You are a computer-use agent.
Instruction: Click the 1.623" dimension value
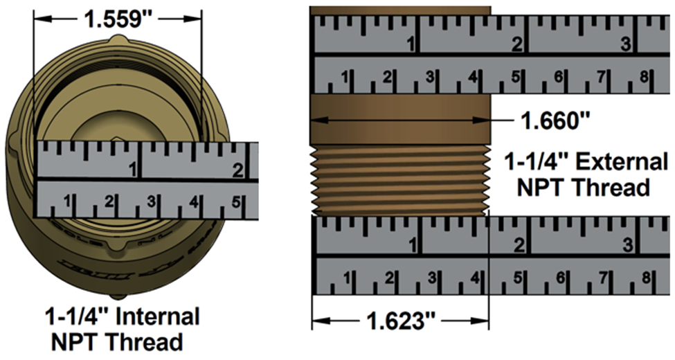401,321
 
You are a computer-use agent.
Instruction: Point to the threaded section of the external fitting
400,179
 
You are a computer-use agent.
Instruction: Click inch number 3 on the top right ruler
625,45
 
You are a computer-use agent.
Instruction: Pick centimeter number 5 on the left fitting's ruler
235,202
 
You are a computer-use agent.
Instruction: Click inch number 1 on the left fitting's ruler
132,169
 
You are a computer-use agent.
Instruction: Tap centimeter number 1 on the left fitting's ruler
67,202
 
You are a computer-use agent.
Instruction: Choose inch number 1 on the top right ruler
409,45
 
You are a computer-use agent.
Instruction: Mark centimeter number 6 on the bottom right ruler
558,278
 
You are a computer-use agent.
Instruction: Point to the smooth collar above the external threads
400,120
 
